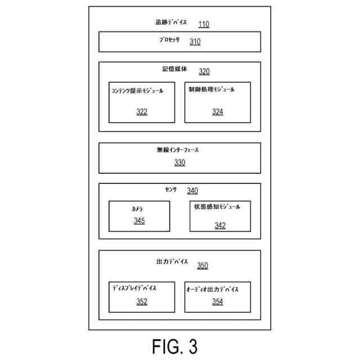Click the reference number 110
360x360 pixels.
[x=204, y=24]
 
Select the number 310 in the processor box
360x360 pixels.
[x=195, y=42]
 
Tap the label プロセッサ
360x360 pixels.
[x=169, y=40]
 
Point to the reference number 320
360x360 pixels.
[x=204, y=71]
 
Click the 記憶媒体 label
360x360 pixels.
[x=174, y=69]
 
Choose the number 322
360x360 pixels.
[x=142, y=112]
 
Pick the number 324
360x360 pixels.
[x=218, y=112]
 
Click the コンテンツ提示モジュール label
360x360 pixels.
[x=137, y=91]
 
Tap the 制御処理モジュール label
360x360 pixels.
[x=211, y=89]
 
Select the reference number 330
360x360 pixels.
[x=180, y=163]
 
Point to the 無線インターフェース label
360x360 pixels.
[x=178, y=150]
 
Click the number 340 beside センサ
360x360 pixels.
[x=192, y=191]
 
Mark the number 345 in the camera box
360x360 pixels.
[x=139, y=220]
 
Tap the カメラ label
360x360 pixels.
[x=137, y=209]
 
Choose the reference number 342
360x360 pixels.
[x=220, y=226]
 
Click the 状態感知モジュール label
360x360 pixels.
[x=217, y=206]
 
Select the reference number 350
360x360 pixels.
[x=202, y=265]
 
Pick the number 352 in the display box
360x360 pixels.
[x=142, y=301]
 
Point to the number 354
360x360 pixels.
[x=218, y=301]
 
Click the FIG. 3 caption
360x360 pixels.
[x=175, y=346]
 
